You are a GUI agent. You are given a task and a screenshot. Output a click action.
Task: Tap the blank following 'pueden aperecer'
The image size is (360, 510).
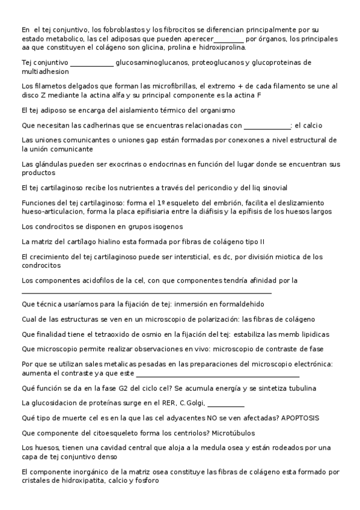pos(224,40)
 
